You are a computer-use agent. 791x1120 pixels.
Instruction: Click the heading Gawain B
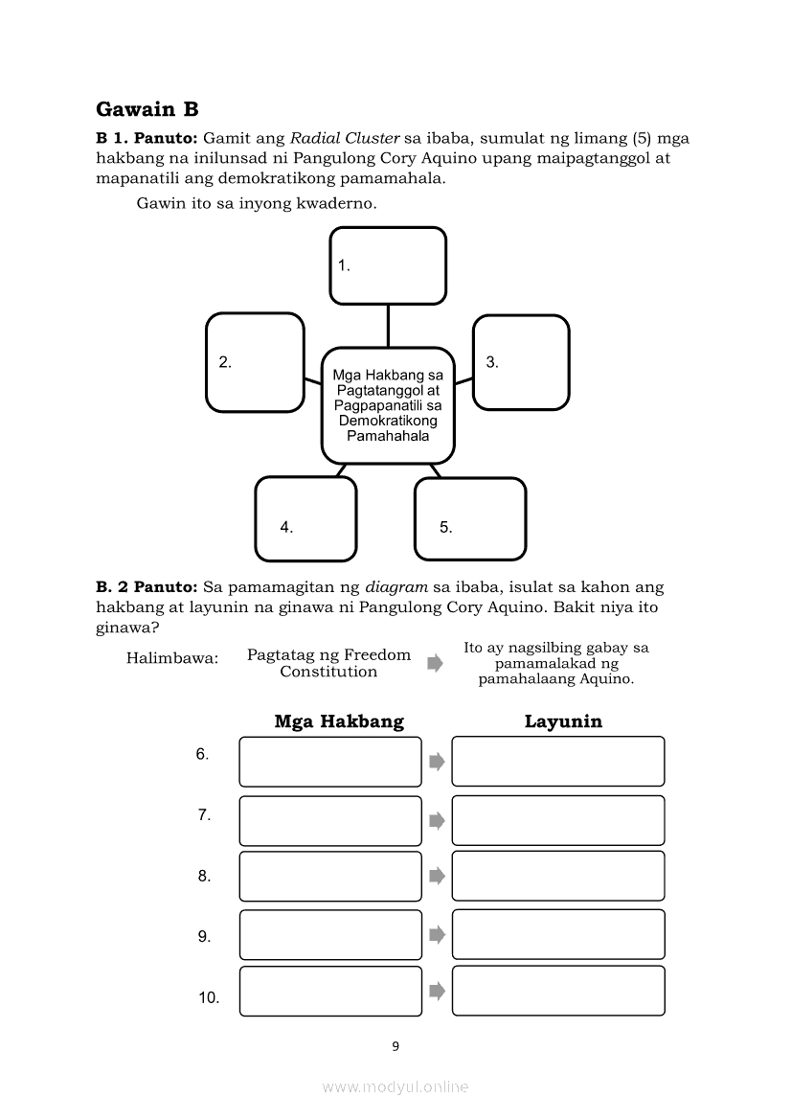tap(147, 109)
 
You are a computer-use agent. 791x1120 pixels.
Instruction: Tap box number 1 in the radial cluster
tap(388, 265)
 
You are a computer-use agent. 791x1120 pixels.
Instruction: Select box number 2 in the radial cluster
tap(255, 362)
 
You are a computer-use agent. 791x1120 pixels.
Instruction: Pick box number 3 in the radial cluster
tap(521, 362)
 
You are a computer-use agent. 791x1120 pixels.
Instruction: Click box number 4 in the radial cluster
tap(305, 518)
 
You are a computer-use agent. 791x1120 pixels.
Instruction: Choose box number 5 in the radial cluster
tap(470, 518)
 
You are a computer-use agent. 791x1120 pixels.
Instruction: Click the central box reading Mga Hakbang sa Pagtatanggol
tap(388, 406)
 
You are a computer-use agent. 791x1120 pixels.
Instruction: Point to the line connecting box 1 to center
tap(388, 326)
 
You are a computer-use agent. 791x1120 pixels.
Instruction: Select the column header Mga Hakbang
tap(339, 721)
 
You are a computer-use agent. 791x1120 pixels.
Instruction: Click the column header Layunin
tap(563, 721)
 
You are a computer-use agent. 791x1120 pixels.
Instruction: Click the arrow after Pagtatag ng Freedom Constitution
tap(435, 663)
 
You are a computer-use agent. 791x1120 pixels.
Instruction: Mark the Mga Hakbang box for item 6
tap(330, 762)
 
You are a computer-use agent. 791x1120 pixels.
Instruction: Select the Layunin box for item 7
tap(558, 820)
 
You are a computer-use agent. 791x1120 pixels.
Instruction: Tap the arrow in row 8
tap(437, 876)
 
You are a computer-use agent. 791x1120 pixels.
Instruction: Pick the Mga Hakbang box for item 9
tap(330, 934)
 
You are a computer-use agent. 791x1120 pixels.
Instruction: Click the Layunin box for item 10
tap(558, 991)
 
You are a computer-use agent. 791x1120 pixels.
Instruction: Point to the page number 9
tap(395, 1046)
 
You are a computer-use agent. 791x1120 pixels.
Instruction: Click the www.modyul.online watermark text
tap(395, 1086)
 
